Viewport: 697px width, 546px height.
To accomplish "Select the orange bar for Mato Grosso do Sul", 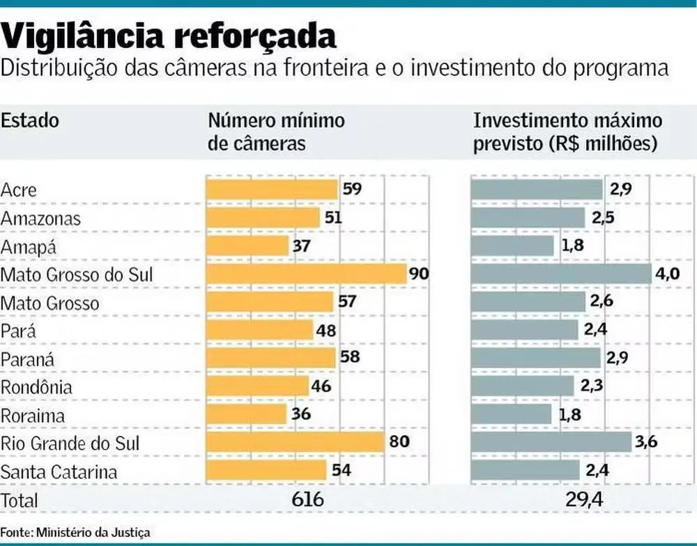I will (x=306, y=274).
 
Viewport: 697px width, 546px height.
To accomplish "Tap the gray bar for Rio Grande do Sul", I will (x=551, y=442).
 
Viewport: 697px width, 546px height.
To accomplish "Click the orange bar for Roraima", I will (x=246, y=414).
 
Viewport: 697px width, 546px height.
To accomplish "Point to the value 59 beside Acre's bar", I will (x=353, y=189).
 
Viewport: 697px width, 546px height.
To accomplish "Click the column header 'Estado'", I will (x=30, y=120).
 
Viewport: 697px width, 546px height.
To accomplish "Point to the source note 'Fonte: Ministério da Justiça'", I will (x=75, y=532).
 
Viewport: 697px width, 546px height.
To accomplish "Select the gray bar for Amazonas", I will (x=528, y=218).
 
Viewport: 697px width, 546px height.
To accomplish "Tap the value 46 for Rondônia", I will (x=321, y=386).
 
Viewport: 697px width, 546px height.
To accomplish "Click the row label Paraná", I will (x=27, y=359).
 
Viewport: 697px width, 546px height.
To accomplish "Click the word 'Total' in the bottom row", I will (x=20, y=500).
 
